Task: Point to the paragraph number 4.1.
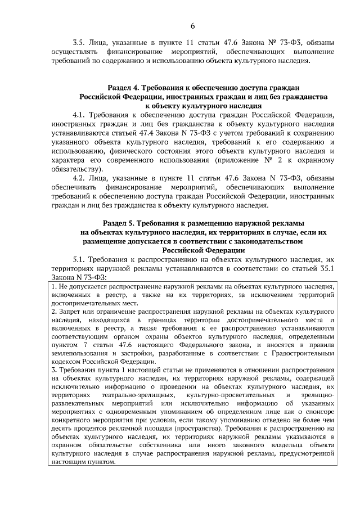79,115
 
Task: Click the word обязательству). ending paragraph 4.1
76,169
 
